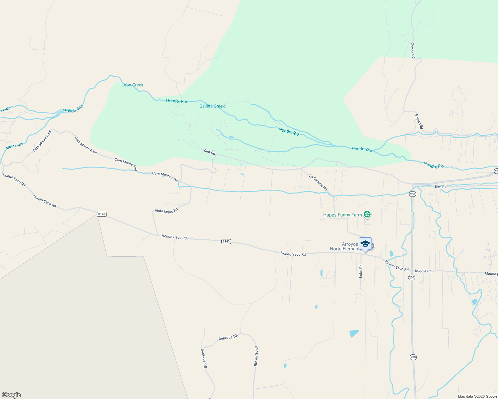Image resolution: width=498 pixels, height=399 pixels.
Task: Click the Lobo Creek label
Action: (x=132, y=85)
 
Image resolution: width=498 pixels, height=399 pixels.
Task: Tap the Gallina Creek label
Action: (x=212, y=106)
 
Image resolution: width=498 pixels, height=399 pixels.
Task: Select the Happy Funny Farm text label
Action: (x=342, y=215)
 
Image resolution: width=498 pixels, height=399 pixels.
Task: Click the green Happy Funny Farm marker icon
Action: (x=367, y=214)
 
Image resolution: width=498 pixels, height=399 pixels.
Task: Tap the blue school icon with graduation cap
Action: (x=365, y=244)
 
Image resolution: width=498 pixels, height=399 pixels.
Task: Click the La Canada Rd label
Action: (x=318, y=183)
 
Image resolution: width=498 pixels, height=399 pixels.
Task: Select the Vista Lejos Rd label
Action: (x=166, y=210)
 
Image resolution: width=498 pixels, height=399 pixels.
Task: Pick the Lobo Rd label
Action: (x=361, y=271)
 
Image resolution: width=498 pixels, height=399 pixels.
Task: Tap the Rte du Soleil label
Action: (x=256, y=356)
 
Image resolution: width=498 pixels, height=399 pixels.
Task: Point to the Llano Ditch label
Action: (x=15, y=146)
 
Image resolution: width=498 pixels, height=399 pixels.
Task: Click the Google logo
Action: (x=11, y=395)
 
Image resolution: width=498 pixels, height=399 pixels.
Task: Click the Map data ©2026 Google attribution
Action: (x=477, y=396)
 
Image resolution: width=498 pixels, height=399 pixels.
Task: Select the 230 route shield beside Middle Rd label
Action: (x=411, y=277)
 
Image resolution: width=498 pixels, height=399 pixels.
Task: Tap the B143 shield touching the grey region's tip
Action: (x=102, y=214)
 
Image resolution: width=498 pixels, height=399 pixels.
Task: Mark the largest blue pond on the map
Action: (x=354, y=333)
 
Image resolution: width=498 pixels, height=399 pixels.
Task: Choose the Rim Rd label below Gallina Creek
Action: (x=210, y=152)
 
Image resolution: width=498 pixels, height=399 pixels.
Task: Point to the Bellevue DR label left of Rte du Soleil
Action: (x=228, y=337)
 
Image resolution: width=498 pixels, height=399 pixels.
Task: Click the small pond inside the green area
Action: (x=231, y=137)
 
